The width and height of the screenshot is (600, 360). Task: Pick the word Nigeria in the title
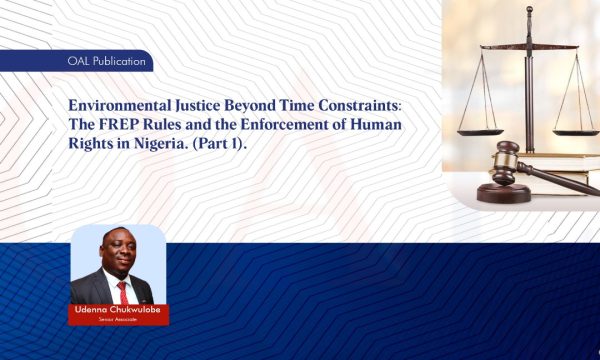point(170,144)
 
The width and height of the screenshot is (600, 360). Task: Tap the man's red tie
point(122,293)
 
